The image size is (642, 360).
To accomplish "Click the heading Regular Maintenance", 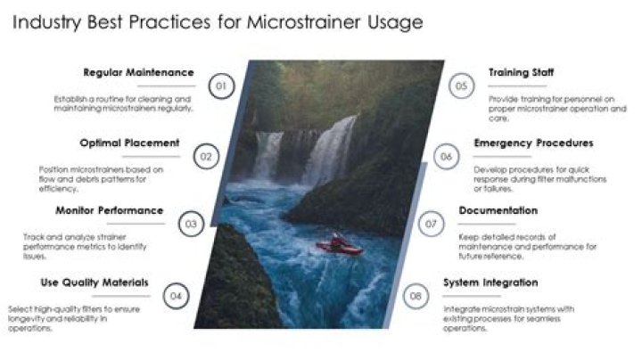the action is coord(138,72).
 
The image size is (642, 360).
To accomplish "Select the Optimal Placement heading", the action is coord(130,143).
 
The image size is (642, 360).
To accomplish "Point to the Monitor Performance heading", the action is coord(110,210).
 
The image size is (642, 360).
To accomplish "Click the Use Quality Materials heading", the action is coord(95,282).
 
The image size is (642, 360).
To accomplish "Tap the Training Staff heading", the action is coord(522,72).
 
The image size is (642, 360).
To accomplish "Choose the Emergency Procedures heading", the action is coord(533,143).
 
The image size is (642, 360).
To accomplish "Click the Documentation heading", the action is coord(498,210).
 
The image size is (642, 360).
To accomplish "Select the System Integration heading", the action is coord(490,282).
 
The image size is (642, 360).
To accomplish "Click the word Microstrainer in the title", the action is coord(304,22).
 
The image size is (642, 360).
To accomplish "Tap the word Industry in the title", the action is coord(46,23).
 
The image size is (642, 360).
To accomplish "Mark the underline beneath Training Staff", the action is coord(517,86).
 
